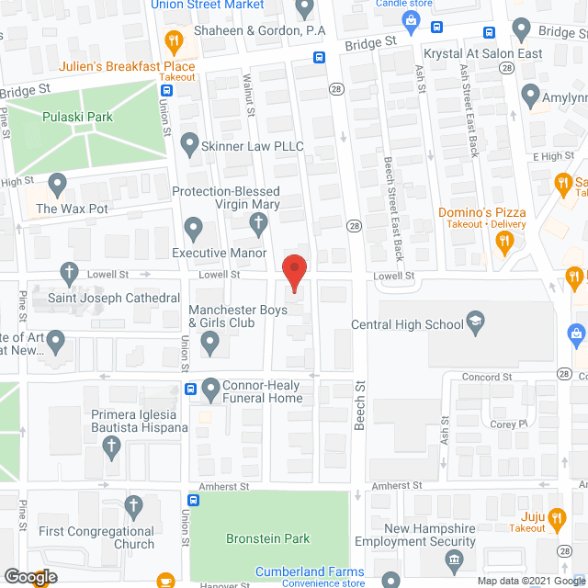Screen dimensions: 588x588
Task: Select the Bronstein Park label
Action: point(268,538)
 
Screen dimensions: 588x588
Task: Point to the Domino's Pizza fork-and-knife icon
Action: point(503,243)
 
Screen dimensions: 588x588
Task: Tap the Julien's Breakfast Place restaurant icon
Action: point(171,41)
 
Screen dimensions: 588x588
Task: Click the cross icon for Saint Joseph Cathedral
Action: point(68,272)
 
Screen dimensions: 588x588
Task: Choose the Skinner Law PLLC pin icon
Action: point(190,144)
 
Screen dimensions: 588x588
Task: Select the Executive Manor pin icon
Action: point(194,227)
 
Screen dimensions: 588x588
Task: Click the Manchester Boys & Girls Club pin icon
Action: point(210,345)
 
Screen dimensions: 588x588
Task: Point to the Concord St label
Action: point(487,377)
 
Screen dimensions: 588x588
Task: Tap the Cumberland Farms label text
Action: point(310,572)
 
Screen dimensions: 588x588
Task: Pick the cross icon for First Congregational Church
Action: point(134,505)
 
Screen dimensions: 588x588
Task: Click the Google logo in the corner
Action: point(29,577)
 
